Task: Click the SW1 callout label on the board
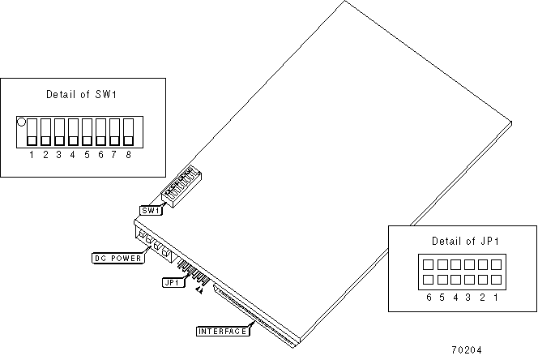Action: pyautogui.click(x=150, y=211)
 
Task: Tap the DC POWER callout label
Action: pyautogui.click(x=117, y=259)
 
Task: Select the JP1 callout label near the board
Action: pyautogui.click(x=170, y=283)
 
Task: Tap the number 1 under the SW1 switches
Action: pyautogui.click(x=32, y=154)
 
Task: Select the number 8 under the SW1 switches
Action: pyautogui.click(x=128, y=154)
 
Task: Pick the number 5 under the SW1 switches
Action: pyautogui.click(x=87, y=154)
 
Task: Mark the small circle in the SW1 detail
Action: pyautogui.click(x=22, y=122)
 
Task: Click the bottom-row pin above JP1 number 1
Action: pyautogui.click(x=495, y=280)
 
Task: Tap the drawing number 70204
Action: pyautogui.click(x=466, y=350)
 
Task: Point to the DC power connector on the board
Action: pyautogui.click(x=154, y=242)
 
